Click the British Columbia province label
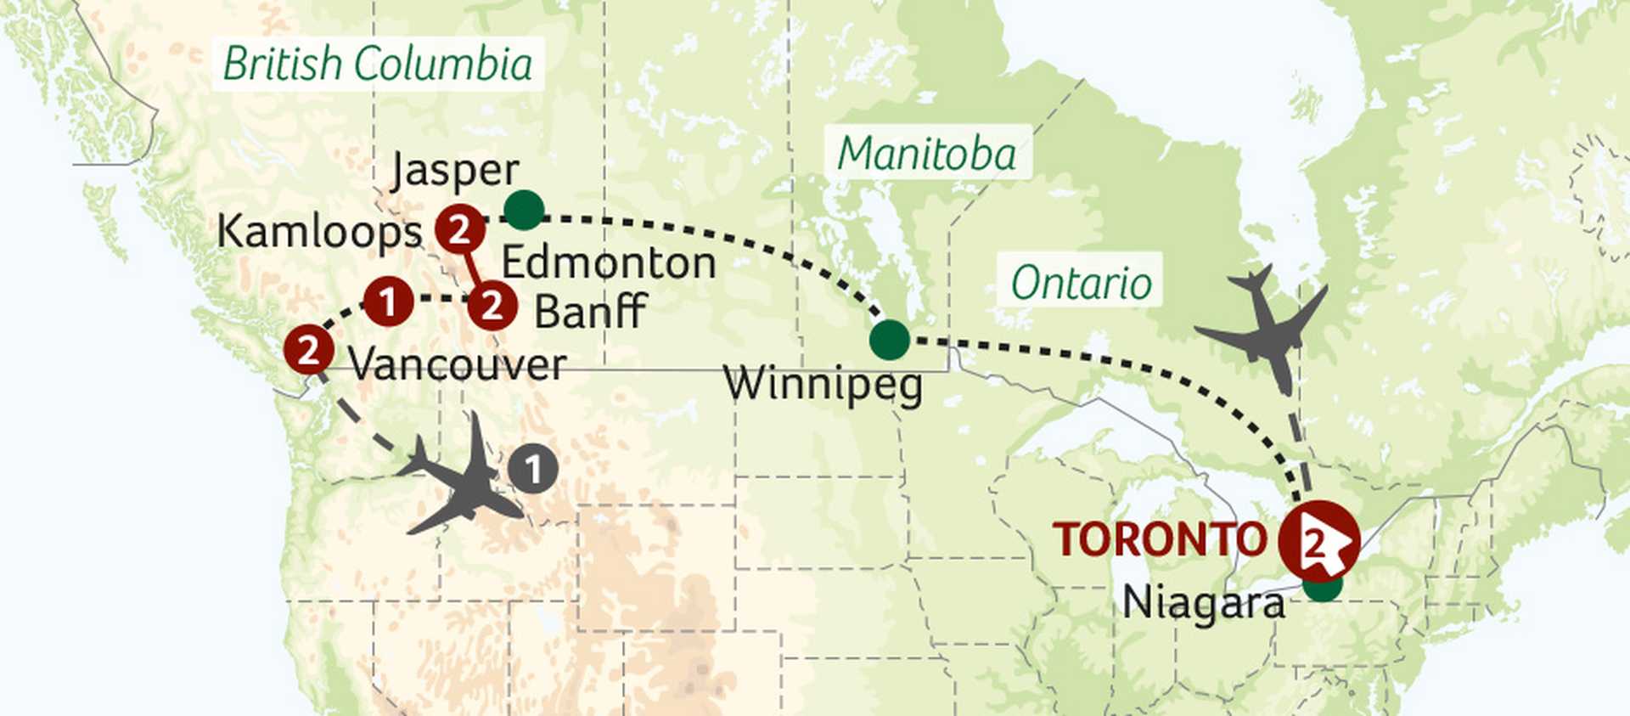click(378, 65)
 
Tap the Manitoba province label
click(927, 155)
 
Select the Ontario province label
click(1081, 283)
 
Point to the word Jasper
click(455, 172)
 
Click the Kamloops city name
click(319, 232)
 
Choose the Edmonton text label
click(609, 263)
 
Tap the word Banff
click(590, 312)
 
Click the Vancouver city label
click(457, 365)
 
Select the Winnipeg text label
click(823, 385)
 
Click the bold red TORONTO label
click(1160, 540)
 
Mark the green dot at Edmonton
click(524, 210)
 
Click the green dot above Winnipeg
click(889, 340)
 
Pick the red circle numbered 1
click(388, 302)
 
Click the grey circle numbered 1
click(533, 470)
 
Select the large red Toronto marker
click(1318, 541)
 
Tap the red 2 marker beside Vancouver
click(307, 350)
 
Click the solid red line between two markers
click(475, 268)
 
